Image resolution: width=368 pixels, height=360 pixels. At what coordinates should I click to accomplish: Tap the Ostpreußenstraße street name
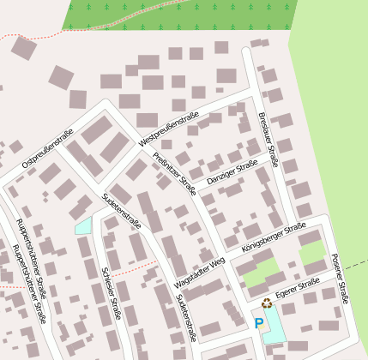pyautogui.click(x=48, y=147)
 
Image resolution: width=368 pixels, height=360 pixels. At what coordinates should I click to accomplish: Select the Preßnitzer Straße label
pyautogui.click(x=174, y=172)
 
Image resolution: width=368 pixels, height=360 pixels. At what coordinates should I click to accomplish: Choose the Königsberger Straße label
pyautogui.click(x=274, y=237)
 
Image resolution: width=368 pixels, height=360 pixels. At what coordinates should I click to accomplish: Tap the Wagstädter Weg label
pyautogui.click(x=198, y=270)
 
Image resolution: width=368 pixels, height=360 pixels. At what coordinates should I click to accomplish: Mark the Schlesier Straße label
pyautogui.click(x=112, y=291)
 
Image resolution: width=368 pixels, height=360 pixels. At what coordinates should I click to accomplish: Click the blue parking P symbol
pyautogui.click(x=259, y=323)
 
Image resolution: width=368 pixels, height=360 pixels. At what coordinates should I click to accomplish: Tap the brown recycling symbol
pyautogui.click(x=267, y=303)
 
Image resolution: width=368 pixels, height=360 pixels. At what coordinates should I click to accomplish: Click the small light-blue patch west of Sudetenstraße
pyautogui.click(x=83, y=226)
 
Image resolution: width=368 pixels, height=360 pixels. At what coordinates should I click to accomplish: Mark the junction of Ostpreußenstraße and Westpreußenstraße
pyautogui.click(x=107, y=106)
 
